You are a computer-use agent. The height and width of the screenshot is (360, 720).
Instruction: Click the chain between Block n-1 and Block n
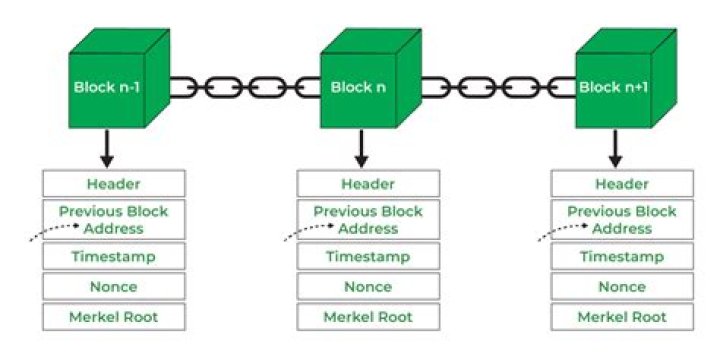244,87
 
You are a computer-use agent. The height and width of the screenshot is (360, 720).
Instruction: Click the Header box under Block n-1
113,184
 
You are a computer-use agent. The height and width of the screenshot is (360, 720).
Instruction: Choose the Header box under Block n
368,184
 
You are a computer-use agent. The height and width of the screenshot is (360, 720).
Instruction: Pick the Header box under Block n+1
622,184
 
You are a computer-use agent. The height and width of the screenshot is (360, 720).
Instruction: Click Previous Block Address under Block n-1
113,220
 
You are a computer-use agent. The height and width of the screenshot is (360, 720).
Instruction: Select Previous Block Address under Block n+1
622,220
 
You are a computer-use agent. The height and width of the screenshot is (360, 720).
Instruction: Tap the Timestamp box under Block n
368,255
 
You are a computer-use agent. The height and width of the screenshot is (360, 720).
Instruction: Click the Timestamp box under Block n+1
622,255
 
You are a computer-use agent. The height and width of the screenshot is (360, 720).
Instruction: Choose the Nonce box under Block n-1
113,287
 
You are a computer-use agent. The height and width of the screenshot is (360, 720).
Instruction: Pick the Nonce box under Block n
368,287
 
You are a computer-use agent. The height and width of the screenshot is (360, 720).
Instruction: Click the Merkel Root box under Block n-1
113,318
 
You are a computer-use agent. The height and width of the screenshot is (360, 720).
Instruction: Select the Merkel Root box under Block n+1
622,318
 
